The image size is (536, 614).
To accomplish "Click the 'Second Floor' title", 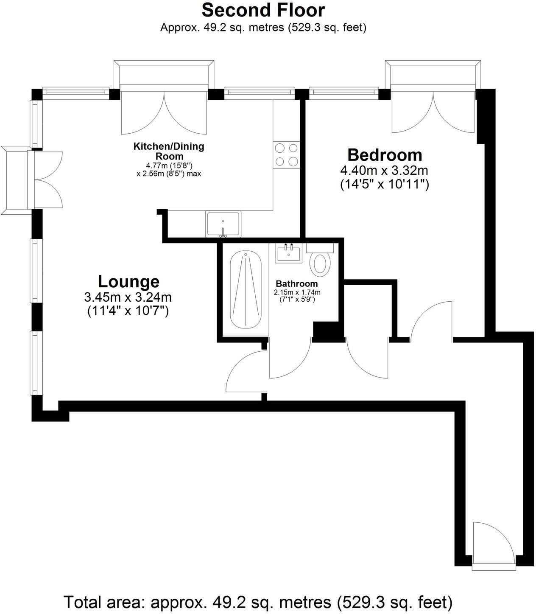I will (x=263, y=10).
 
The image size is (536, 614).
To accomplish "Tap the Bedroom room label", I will (x=385, y=155).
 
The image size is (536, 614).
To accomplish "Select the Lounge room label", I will (x=128, y=281).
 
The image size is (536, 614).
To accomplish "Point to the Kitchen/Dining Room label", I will (x=169, y=151).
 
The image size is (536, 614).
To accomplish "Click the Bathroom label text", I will (x=296, y=283).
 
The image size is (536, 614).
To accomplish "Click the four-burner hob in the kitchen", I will (x=286, y=154).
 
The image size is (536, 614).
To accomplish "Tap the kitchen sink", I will (x=223, y=224).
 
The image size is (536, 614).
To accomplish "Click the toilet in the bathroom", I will (x=320, y=262).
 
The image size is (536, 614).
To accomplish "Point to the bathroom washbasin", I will (x=289, y=254).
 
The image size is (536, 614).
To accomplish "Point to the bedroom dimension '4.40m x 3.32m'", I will (x=384, y=171).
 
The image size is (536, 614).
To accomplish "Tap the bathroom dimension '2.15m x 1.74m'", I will (x=297, y=292).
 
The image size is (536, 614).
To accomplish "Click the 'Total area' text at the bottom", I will (x=258, y=602).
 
